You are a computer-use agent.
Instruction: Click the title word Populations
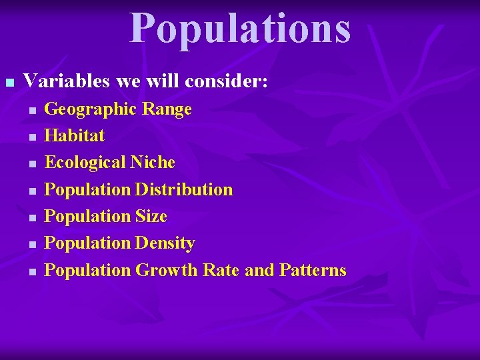(240, 28)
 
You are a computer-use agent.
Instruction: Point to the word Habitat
(74, 135)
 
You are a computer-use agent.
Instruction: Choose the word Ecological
(85, 162)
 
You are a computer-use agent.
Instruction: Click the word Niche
(153, 162)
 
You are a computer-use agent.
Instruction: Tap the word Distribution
(184, 189)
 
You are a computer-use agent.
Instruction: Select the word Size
(151, 216)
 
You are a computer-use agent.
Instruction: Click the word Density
(165, 243)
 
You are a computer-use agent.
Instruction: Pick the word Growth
(167, 270)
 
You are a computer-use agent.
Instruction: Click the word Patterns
(313, 270)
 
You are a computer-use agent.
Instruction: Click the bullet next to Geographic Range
(31, 110)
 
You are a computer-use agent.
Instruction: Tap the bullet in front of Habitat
(31, 137)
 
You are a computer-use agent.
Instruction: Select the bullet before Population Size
(31, 218)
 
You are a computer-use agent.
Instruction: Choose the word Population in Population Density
(87, 243)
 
